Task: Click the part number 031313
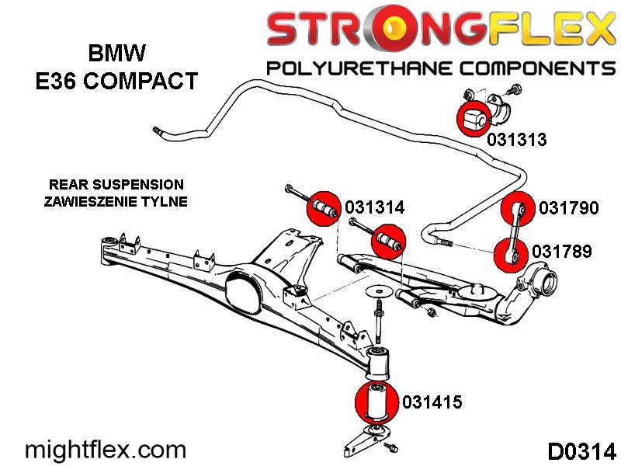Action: tap(517, 140)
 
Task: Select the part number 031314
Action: tap(375, 208)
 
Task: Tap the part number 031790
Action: tap(569, 208)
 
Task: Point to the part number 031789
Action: tap(562, 252)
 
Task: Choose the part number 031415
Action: tap(432, 402)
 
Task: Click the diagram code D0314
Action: tap(581, 451)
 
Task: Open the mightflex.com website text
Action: tap(106, 450)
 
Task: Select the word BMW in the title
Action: tap(116, 54)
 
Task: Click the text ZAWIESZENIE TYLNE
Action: tap(117, 201)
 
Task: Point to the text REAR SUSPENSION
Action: tap(116, 185)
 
